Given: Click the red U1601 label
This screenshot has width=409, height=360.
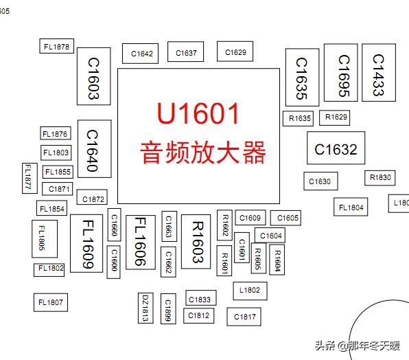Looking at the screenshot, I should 198,113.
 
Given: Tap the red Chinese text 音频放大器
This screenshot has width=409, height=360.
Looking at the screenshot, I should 202,152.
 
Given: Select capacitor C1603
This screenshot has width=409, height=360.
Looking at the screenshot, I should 93,76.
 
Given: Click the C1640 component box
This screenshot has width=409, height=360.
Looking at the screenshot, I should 94,150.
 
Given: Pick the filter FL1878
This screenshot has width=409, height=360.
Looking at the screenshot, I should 56,46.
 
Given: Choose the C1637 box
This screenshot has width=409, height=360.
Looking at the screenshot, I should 186,52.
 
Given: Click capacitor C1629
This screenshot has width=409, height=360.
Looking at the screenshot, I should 235,52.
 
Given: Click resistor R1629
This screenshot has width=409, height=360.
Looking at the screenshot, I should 336,117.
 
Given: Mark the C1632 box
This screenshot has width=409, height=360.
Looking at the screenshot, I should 336,148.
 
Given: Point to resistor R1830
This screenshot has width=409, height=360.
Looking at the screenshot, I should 380,177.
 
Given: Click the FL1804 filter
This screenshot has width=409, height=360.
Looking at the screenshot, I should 351,207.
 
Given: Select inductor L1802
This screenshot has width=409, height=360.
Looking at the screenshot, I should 250,290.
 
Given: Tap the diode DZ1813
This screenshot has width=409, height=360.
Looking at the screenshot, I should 145,308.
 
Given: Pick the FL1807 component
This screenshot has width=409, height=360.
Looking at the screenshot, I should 51,302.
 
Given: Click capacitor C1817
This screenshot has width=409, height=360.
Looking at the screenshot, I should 245,317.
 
